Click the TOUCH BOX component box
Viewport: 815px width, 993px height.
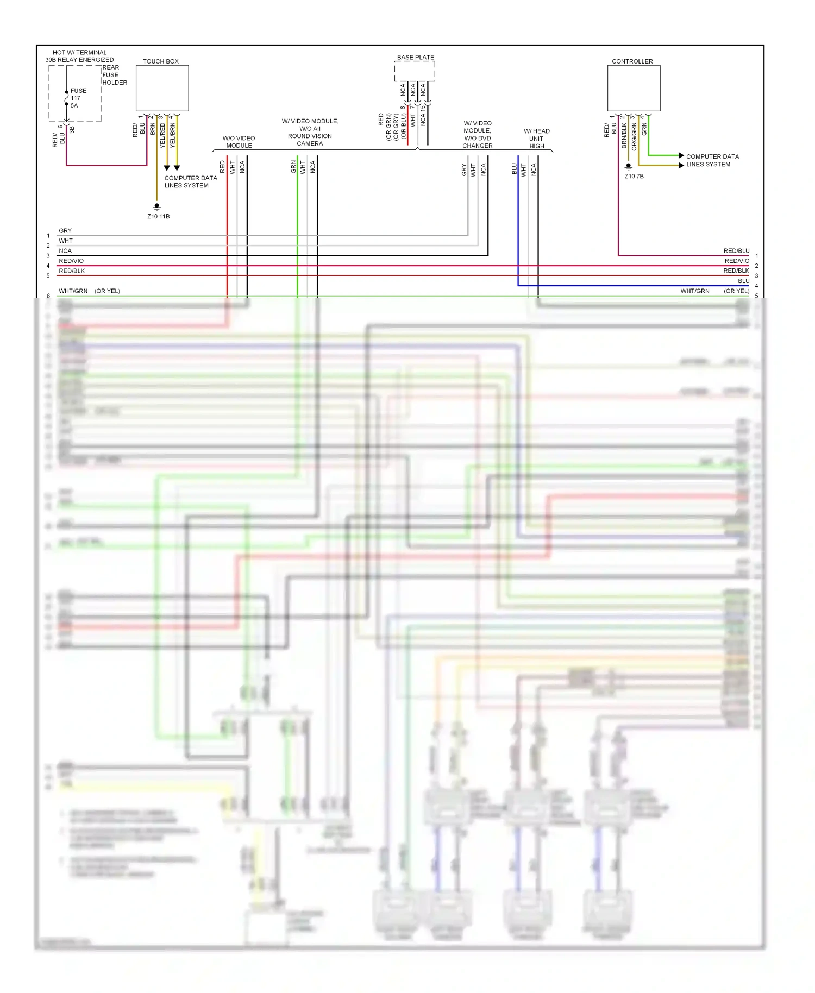point(162,88)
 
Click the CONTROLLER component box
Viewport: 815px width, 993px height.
point(634,88)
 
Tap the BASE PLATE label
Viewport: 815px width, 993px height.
point(416,57)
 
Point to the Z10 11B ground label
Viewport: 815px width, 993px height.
point(158,216)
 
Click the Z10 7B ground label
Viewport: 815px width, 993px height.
point(634,176)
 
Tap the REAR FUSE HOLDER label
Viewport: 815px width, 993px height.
point(114,75)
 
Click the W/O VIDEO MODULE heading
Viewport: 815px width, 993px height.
point(239,142)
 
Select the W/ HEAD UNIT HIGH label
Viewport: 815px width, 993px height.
point(536,139)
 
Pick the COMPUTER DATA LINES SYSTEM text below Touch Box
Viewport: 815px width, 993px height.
point(190,181)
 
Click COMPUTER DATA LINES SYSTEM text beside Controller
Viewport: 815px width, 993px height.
point(712,160)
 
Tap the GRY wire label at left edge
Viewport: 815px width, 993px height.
point(65,231)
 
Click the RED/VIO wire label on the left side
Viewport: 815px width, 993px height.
point(71,261)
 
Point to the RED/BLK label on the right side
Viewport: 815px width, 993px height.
point(736,271)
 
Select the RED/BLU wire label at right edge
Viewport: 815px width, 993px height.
point(736,251)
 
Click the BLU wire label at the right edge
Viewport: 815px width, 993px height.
point(743,281)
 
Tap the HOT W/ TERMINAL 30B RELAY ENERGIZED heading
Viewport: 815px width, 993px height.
point(79,56)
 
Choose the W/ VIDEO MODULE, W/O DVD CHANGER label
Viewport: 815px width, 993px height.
point(477,134)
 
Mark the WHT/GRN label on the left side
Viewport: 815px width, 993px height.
point(73,291)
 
